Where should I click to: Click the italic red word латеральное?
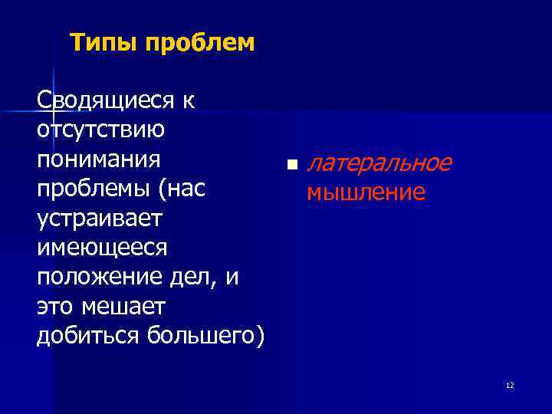(x=379, y=163)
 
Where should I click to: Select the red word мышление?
(x=366, y=192)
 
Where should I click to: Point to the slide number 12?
(x=510, y=385)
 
